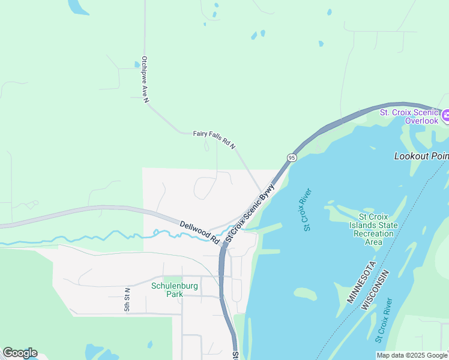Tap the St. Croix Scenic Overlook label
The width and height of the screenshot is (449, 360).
(409, 116)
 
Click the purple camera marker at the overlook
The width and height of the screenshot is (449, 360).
(445, 115)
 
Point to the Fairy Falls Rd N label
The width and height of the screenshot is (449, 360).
(214, 140)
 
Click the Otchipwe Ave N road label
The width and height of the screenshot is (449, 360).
(145, 80)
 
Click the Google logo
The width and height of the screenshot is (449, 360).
(20, 353)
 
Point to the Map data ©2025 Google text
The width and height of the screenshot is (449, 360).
(412, 355)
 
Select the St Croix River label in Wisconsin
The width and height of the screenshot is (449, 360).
(384, 320)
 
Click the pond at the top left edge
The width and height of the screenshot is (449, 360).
(77, 7)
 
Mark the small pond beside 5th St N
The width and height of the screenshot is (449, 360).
(150, 344)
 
